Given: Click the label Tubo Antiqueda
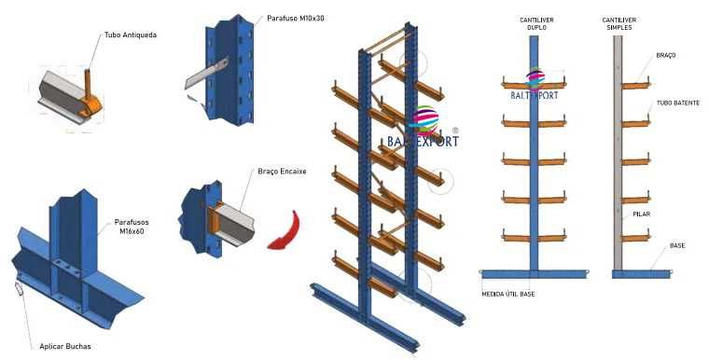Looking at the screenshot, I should click(x=131, y=35).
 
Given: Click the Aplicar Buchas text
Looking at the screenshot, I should click(x=65, y=346).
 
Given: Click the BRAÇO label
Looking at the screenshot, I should click(x=665, y=56).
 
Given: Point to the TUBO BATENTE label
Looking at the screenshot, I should click(x=676, y=104).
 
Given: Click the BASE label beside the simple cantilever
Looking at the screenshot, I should click(x=676, y=246).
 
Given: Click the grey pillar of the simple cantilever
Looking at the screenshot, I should click(x=618, y=149).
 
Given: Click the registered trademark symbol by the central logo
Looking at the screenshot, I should click(x=454, y=131).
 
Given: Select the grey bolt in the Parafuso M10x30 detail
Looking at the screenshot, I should click(x=209, y=73).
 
